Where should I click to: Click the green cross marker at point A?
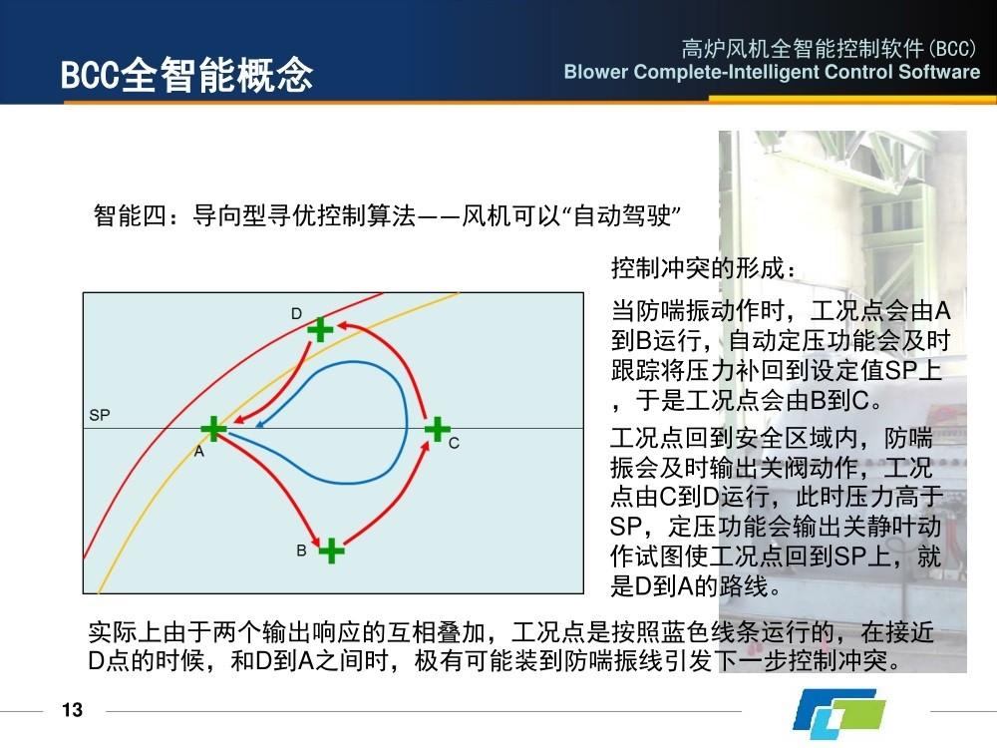213,429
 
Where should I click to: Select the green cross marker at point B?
331,551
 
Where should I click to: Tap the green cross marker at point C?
438,429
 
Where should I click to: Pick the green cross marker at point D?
320,329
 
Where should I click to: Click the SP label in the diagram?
100,415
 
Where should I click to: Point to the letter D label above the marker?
296,313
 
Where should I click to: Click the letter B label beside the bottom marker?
301,551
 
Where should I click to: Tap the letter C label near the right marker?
454,444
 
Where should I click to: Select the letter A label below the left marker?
199,452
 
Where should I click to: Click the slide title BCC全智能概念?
187,75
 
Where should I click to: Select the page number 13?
73,710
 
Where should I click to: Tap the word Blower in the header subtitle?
596,71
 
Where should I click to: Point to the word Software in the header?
939,71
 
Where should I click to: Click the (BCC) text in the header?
952,48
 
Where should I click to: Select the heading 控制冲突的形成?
703,267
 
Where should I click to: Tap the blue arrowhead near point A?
260,424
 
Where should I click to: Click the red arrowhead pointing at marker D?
343,326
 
